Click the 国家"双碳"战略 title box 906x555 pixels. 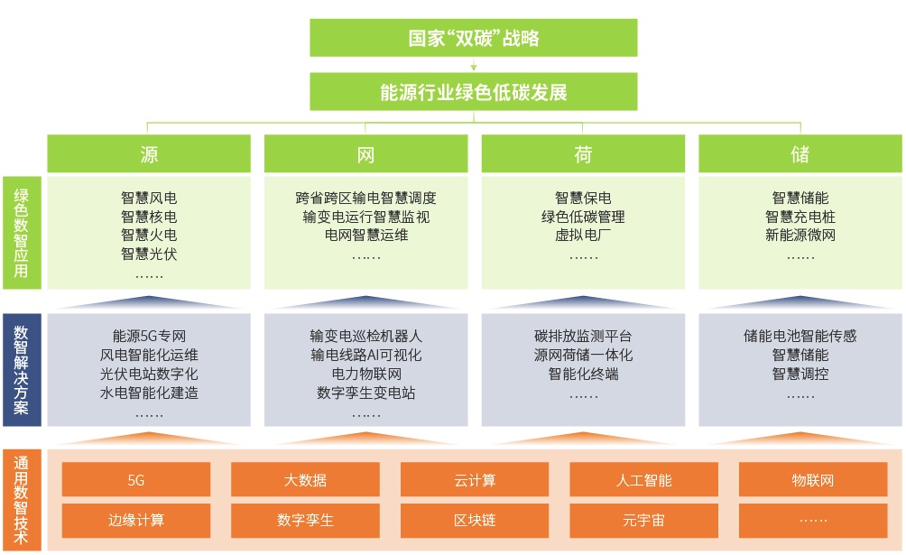474,38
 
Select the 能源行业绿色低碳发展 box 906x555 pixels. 474,92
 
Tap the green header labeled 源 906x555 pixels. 149,154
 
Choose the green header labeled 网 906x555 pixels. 365,154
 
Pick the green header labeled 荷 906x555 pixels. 583,154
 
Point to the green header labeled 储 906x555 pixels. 800,154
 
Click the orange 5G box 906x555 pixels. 136,480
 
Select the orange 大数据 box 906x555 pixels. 305,480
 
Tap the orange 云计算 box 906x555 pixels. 475,480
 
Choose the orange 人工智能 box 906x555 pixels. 643,480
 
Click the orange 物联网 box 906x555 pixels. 813,480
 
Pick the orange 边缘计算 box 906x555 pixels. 136,520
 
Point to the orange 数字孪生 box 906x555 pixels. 305,520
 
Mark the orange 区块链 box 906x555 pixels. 475,520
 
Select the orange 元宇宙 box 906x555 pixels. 643,520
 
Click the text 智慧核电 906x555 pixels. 149,217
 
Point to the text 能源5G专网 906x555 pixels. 149,336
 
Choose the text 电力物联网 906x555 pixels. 365,374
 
